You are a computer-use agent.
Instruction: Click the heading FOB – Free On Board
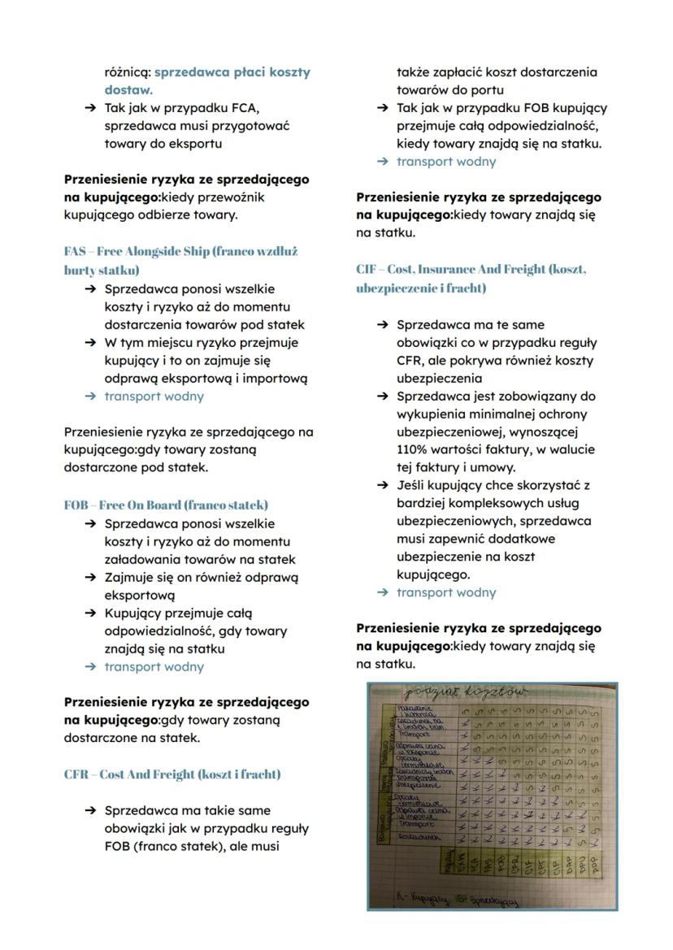tap(166, 505)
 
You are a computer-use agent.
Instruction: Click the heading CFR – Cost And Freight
tap(172, 774)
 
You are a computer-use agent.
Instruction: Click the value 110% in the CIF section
tap(412, 449)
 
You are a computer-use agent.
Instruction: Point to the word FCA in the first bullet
tap(244, 108)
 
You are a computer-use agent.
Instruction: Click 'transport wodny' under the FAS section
tap(154, 397)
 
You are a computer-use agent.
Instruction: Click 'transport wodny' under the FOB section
tap(154, 667)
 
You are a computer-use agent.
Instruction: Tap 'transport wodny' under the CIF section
tap(445, 592)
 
